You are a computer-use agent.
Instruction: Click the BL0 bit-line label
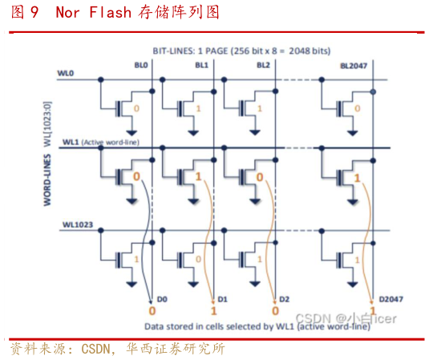click(x=141, y=65)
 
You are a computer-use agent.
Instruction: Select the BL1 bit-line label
click(x=201, y=65)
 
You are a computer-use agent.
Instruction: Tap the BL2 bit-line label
click(x=263, y=65)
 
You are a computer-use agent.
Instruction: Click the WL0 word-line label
click(x=66, y=73)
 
